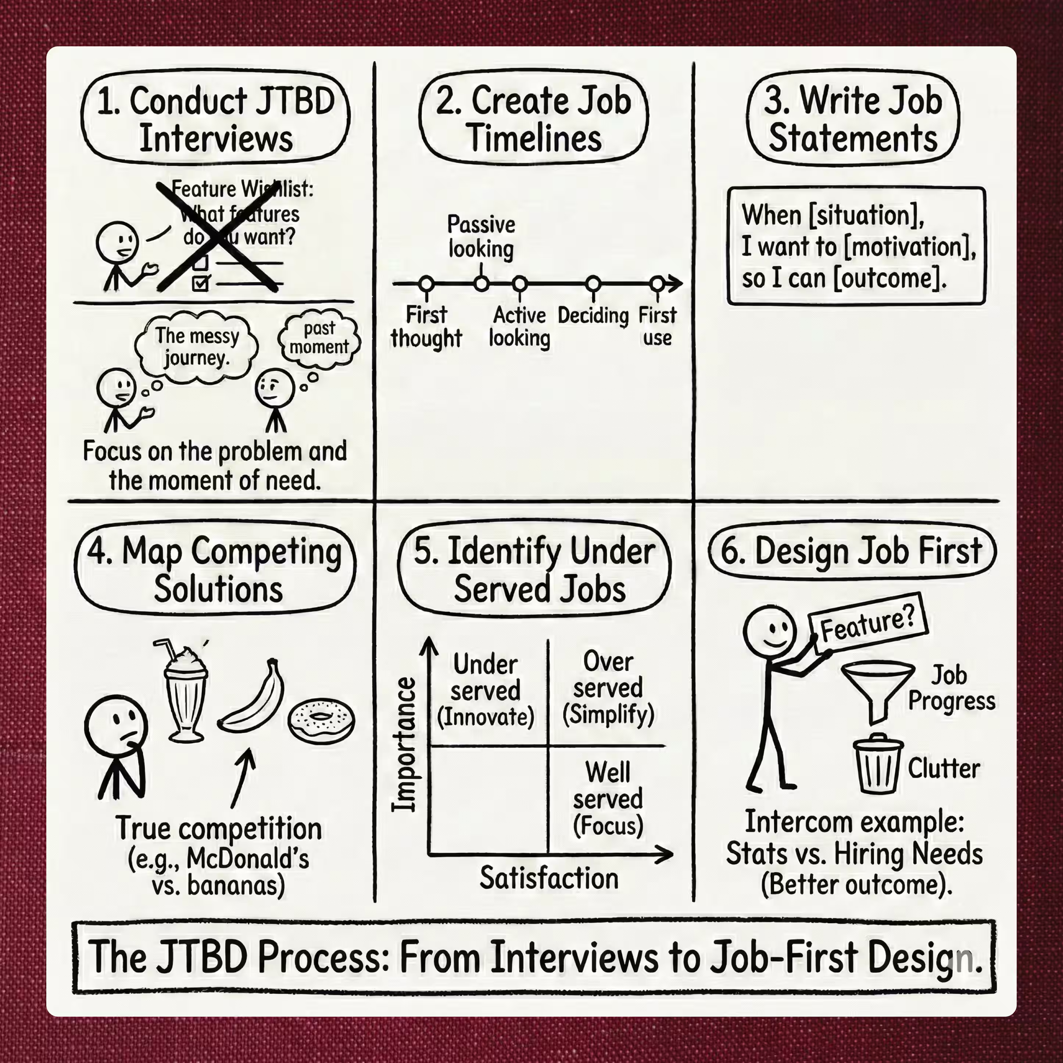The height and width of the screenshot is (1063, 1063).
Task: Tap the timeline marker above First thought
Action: pos(426,284)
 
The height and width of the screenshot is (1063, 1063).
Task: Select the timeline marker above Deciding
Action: pos(593,284)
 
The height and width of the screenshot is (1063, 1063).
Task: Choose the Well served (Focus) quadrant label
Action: pos(608,798)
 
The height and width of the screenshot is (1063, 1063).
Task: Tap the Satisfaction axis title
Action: pos(548,878)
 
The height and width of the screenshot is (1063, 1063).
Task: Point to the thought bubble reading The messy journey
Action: pos(196,347)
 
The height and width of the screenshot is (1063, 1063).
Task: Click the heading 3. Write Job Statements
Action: pos(853,119)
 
